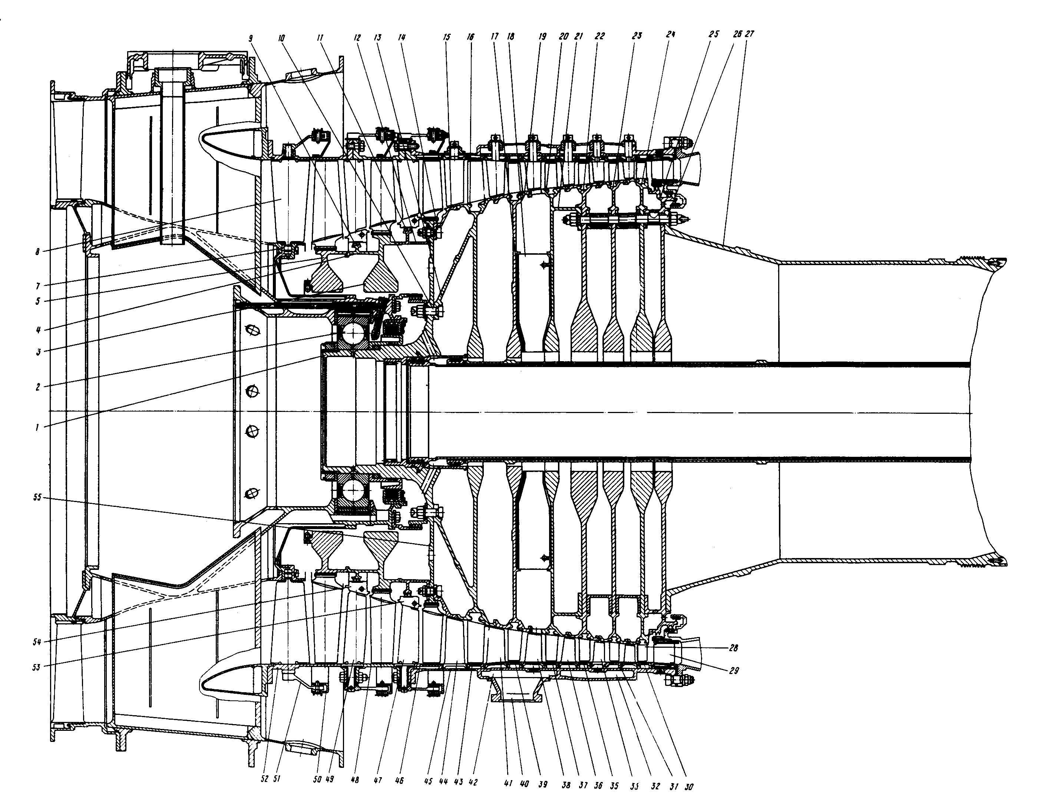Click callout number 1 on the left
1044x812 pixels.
pyautogui.click(x=37, y=428)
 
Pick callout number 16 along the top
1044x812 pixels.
pyautogui.click(x=471, y=37)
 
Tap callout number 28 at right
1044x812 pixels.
pyautogui.click(x=734, y=648)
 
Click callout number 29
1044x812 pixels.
pyautogui.click(x=734, y=671)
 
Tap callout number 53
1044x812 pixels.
pyautogui.click(x=37, y=666)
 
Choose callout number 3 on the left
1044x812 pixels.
pyautogui.click(x=38, y=352)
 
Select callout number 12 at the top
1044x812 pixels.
pyautogui.click(x=357, y=37)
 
